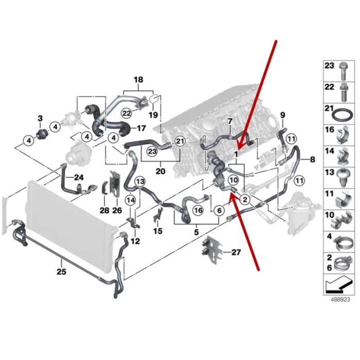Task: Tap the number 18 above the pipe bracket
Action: [138, 80]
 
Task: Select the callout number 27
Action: [236, 252]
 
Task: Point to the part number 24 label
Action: [78, 178]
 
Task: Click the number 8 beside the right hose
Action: [312, 160]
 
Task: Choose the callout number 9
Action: [282, 114]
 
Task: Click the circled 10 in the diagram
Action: [233, 180]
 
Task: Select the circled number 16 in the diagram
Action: [197, 210]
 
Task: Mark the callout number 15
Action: [157, 231]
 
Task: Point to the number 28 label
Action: [104, 210]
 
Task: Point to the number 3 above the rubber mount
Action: [41, 119]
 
